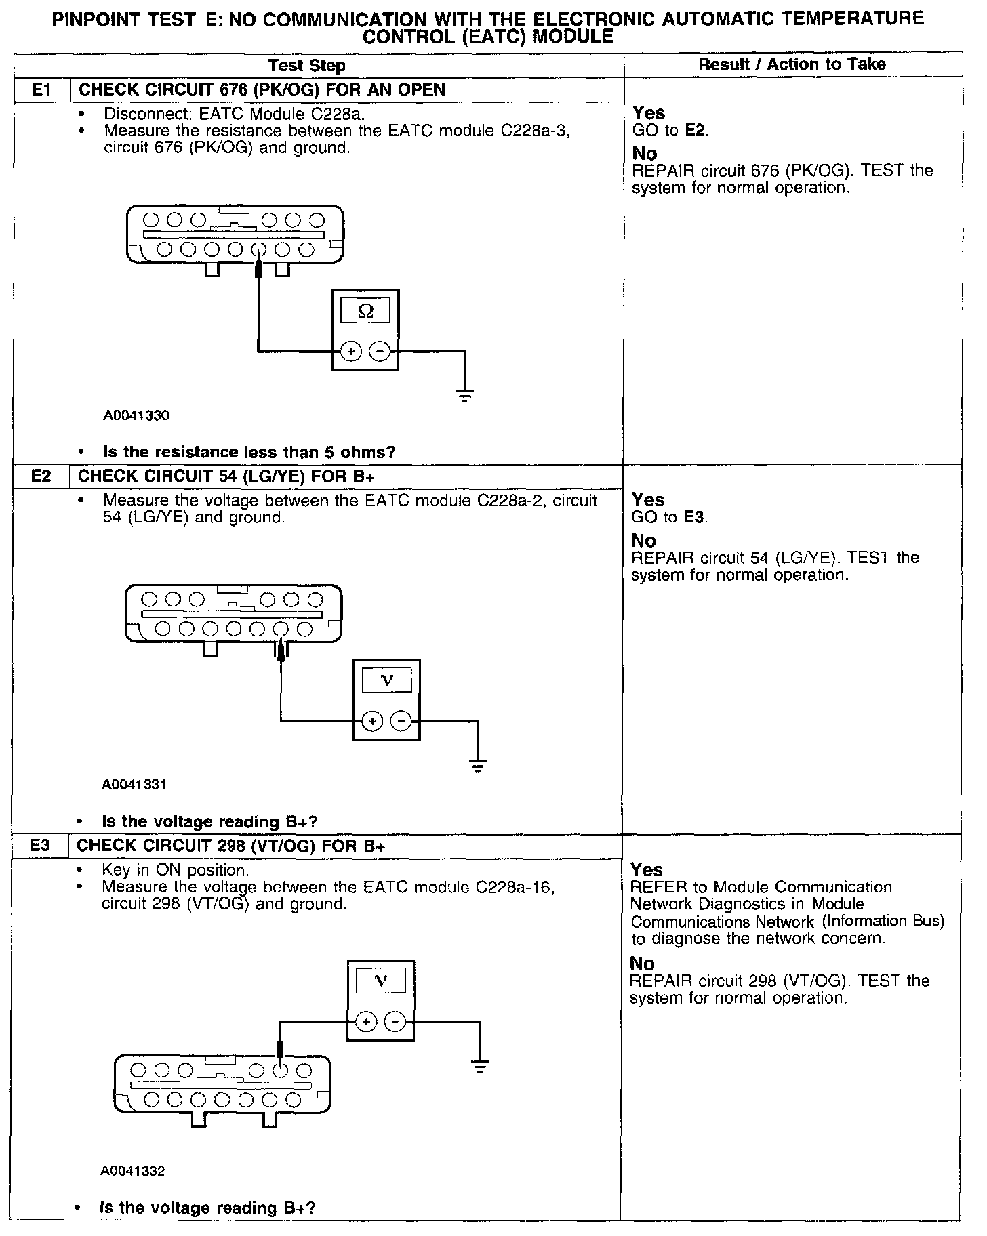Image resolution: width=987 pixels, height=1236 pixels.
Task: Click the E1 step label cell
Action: [42, 90]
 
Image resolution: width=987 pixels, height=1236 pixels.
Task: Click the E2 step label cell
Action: [41, 476]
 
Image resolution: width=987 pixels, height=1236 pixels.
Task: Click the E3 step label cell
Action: [40, 846]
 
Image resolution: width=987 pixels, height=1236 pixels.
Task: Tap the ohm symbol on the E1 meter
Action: [365, 311]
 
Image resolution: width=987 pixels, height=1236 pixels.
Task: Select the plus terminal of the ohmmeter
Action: [350, 351]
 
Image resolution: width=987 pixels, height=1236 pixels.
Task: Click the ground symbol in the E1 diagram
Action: [464, 395]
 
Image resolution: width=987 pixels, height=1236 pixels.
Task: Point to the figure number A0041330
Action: [136, 416]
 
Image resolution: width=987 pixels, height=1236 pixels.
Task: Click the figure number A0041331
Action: [134, 785]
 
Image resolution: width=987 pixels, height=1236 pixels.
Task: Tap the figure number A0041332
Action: [133, 1171]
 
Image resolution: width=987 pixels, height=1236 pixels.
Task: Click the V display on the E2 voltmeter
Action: [386, 680]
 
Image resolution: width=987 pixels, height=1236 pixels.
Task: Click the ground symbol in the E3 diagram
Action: [480, 1067]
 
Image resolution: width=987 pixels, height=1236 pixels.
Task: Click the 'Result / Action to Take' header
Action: [792, 65]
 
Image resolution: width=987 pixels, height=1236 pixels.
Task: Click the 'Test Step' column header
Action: [306, 66]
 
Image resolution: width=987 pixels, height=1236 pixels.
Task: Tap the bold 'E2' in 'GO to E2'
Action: [696, 130]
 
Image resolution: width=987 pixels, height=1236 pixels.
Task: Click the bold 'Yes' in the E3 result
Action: [647, 869]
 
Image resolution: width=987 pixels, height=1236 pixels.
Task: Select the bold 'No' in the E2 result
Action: [643, 541]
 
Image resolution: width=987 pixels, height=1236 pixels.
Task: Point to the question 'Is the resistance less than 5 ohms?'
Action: [249, 452]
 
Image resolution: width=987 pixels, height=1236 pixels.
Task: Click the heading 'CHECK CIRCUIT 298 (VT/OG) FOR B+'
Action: [231, 846]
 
